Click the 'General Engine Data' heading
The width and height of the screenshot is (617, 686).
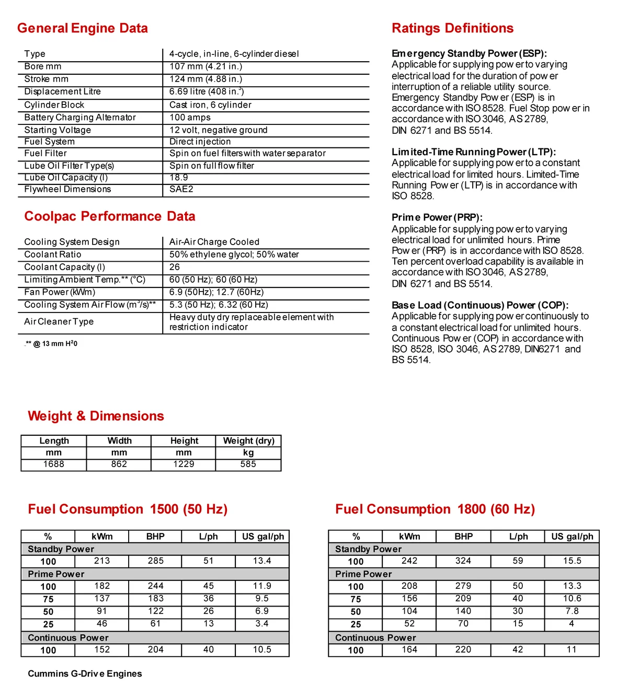click(82, 28)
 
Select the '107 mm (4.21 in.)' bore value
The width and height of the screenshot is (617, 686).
click(205, 66)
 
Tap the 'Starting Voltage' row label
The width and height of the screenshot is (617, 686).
click(58, 130)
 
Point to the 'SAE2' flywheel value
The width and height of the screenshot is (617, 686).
click(181, 189)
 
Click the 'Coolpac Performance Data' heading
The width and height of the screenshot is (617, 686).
click(110, 216)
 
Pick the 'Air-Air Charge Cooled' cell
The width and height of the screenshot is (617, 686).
click(214, 242)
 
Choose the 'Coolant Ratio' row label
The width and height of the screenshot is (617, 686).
click(53, 254)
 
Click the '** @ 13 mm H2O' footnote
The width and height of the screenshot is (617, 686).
click(51, 344)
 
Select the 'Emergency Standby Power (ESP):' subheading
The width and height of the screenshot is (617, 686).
click(469, 53)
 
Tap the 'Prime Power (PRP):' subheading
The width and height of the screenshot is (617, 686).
click(437, 217)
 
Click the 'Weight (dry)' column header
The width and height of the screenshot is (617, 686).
click(248, 441)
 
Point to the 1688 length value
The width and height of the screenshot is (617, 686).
click(54, 464)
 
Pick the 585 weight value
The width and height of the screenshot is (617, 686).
click(248, 464)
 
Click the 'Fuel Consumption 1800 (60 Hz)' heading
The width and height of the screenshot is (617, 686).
click(435, 509)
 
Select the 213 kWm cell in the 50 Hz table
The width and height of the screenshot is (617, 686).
click(102, 561)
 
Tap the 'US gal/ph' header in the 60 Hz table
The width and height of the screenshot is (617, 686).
click(572, 537)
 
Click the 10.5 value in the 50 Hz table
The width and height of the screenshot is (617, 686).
click(262, 649)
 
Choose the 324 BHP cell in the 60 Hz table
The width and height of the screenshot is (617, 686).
click(463, 561)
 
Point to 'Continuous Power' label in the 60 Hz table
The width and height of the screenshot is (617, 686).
click(375, 638)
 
